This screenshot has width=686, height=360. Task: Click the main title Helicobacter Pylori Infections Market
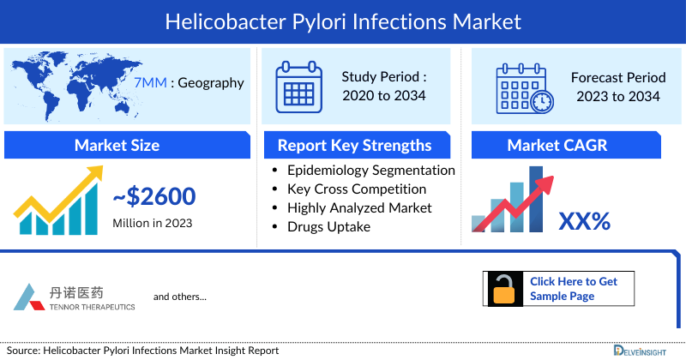point(343,18)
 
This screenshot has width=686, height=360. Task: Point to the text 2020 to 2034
point(384,95)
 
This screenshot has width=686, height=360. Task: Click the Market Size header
point(117,145)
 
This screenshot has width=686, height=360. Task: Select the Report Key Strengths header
point(354,145)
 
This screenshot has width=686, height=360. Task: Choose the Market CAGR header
point(569,145)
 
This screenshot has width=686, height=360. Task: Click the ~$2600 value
point(154,197)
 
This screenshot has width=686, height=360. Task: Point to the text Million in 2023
point(152,223)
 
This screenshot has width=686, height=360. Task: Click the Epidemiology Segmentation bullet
point(370,170)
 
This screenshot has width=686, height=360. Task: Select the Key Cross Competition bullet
point(357,189)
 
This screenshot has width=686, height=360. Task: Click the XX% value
point(584,221)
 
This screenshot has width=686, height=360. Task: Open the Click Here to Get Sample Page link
point(573,288)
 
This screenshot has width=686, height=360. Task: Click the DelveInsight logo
point(647,350)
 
